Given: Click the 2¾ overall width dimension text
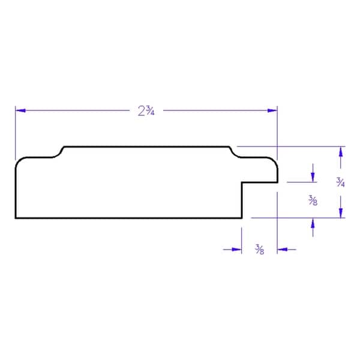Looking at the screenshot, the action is (146, 110).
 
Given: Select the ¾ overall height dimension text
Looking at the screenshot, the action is (340, 182).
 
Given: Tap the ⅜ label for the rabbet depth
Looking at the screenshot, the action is (313, 200).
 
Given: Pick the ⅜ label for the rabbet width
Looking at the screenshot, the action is (259, 250).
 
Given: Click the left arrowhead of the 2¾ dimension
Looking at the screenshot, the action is (20, 110).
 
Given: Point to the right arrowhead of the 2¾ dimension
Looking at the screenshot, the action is (272, 110).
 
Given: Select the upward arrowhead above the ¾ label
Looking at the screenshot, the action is (341, 152).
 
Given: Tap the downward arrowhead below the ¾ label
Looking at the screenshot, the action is (341, 213).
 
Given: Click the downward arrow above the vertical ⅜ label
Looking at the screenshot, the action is (313, 173).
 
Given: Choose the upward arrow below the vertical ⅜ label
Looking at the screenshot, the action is (313, 227).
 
